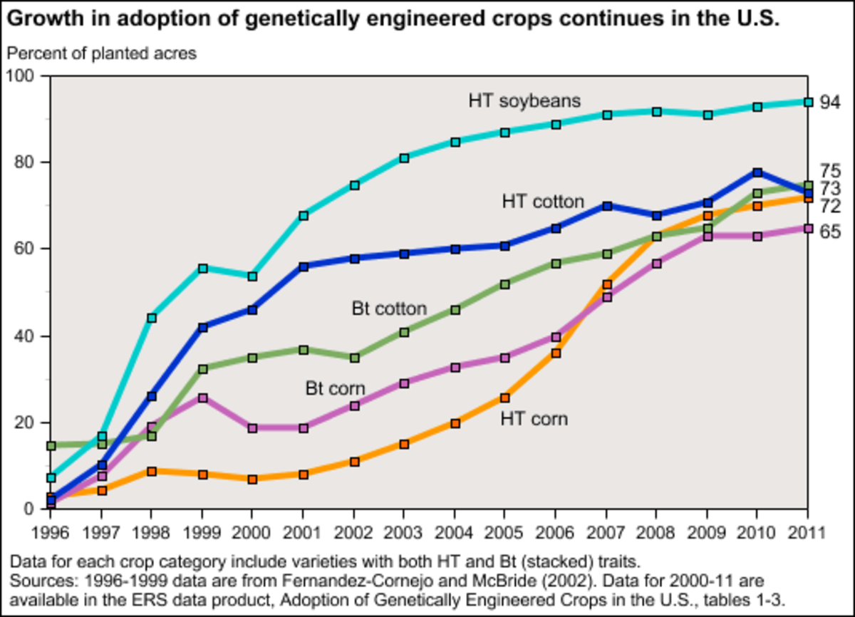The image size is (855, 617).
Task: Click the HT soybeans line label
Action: pyautogui.click(x=524, y=100)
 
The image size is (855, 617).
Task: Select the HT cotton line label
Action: pyautogui.click(x=543, y=202)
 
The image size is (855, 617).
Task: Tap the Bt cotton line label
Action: pyautogui.click(x=389, y=308)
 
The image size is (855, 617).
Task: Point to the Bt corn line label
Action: pyautogui.click(x=336, y=389)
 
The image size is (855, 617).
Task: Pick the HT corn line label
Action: pyautogui.click(x=534, y=418)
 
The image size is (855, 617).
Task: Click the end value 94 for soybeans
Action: pyautogui.click(x=830, y=103)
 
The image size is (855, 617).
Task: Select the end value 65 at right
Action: pyautogui.click(x=830, y=232)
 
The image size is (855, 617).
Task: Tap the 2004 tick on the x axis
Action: pyautogui.click(x=454, y=532)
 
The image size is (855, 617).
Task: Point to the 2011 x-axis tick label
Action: pyautogui.click(x=807, y=532)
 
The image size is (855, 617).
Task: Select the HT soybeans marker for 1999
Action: pyautogui.click(x=202, y=268)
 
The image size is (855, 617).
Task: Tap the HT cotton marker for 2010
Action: pyautogui.click(x=757, y=172)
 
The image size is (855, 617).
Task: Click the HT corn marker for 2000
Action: pyautogui.click(x=252, y=479)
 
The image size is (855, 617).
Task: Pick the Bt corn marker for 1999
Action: pyautogui.click(x=202, y=398)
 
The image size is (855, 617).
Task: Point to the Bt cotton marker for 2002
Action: pyautogui.click(x=354, y=358)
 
